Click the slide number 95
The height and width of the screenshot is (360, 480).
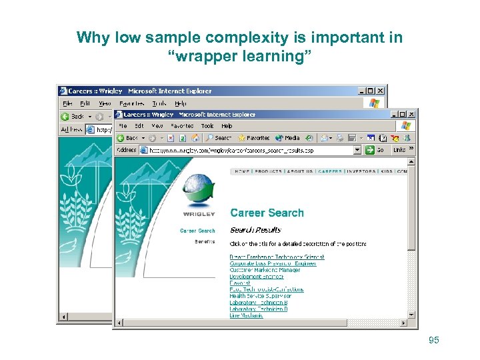[x=434, y=341]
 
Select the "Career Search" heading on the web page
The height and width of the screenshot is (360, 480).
[x=267, y=213]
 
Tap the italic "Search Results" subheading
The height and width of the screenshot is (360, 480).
[x=255, y=230]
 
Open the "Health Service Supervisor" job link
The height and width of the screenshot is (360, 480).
[x=260, y=296]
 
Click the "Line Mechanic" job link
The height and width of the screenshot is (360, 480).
[x=246, y=315]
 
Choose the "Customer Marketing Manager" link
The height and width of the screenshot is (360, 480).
[x=265, y=270]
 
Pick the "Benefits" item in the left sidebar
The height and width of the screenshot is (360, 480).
[x=205, y=241]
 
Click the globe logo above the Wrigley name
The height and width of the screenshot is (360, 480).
[x=198, y=191]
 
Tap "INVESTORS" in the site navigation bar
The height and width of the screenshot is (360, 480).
[x=361, y=171]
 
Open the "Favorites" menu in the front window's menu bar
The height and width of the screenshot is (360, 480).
[x=182, y=125]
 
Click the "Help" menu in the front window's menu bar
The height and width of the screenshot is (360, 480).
[x=227, y=125]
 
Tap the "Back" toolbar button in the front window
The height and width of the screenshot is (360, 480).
[x=128, y=138]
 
